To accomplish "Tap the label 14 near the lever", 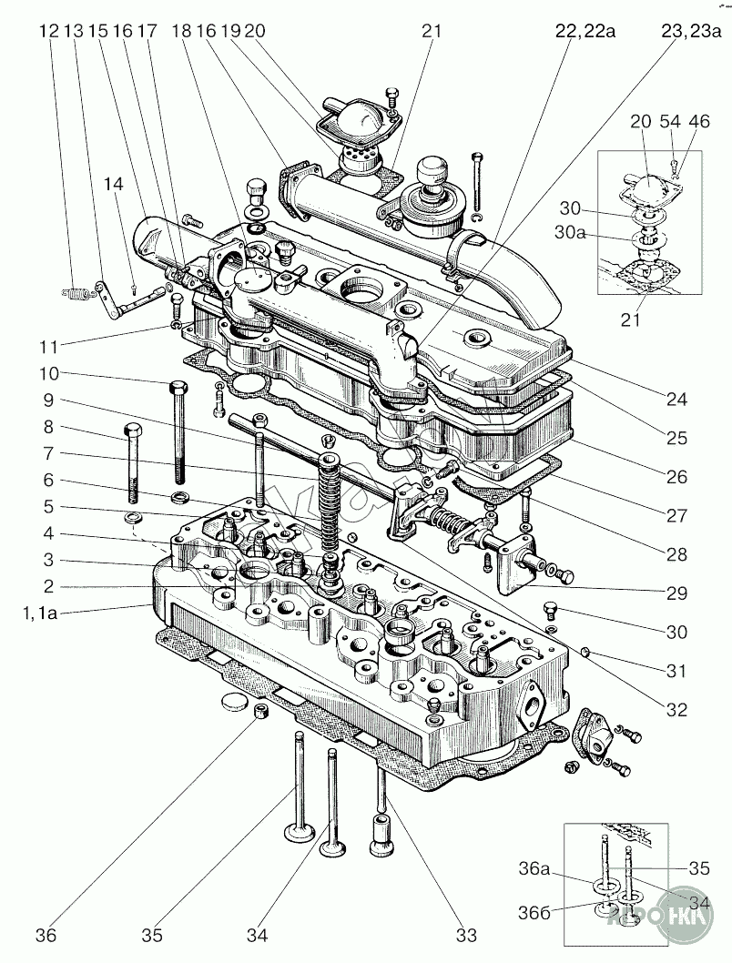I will (113, 184).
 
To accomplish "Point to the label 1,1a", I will (40, 613).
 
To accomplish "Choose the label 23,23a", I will (691, 31).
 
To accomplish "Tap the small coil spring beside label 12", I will (75, 293).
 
